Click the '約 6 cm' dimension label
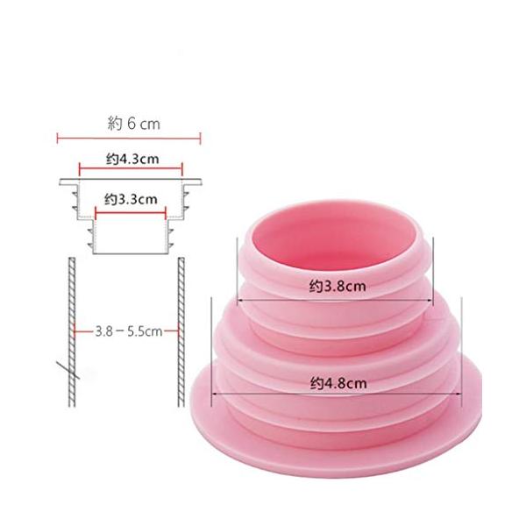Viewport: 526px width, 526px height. [134, 124]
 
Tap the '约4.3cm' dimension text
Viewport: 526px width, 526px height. [132, 159]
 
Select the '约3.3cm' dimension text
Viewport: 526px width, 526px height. [131, 199]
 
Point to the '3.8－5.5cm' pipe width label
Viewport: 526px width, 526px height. [129, 331]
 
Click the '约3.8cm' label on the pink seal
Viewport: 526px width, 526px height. [338, 286]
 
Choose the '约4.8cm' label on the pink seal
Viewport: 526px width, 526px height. [338, 383]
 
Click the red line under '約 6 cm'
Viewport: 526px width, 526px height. [129, 138]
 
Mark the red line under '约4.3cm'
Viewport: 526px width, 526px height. [131, 168]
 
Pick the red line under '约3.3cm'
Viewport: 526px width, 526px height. [131, 212]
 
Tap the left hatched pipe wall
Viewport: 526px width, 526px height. [72, 332]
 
